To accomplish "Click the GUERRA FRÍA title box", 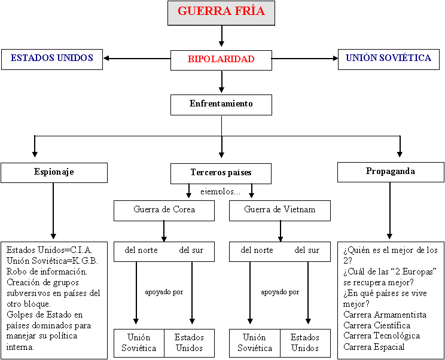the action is pyautogui.click(x=221, y=13).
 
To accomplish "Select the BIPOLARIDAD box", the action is pyautogui.click(x=221, y=59).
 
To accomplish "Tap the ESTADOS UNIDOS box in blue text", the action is pyautogui.click(x=52, y=59).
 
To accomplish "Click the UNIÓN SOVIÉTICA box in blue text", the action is pyautogui.click(x=388, y=59).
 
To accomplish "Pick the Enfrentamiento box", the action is pyautogui.click(x=221, y=104).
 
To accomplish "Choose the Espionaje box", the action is pyautogui.click(x=54, y=172).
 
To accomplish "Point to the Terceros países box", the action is pyautogui.click(x=221, y=173).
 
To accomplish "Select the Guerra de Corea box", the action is pyautogui.click(x=164, y=210).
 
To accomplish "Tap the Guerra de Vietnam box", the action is pyautogui.click(x=279, y=210).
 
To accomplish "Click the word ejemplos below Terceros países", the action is pyautogui.click(x=220, y=192).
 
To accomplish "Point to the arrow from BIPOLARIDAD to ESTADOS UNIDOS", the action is pyautogui.click(x=136, y=59).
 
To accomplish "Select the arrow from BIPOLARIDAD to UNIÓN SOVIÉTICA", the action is pyautogui.click(x=305, y=59).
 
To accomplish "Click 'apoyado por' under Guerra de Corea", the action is pyautogui.click(x=164, y=292).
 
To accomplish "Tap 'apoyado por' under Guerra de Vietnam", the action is pyautogui.click(x=280, y=292).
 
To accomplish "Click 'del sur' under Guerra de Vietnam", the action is pyautogui.click(x=307, y=250).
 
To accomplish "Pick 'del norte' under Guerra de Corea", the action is pyautogui.click(x=141, y=250).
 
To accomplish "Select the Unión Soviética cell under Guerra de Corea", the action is pyautogui.click(x=139, y=343).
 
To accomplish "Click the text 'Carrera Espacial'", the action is pyautogui.click(x=374, y=347).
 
